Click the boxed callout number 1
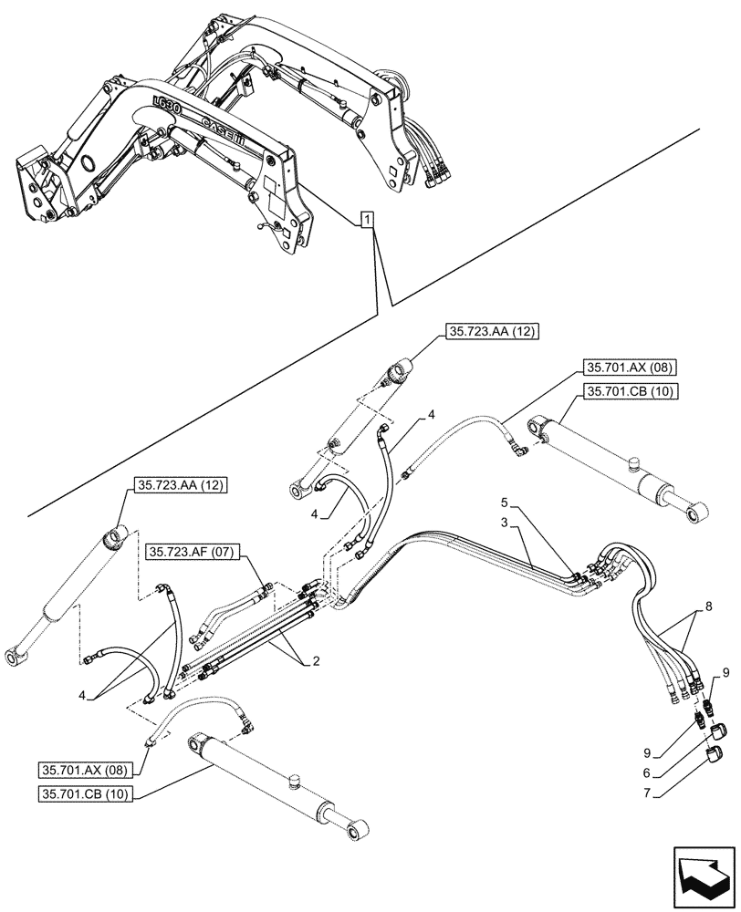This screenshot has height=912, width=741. tap(366, 220)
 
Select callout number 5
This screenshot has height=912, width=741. tap(505, 502)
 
